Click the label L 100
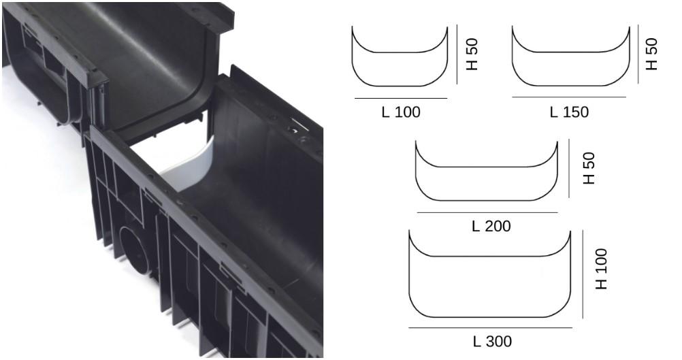tap(400, 112)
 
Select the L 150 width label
tap(569, 112)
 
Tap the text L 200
tap(491, 226)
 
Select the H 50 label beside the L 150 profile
tap(651, 54)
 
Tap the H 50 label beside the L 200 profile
tap(589, 168)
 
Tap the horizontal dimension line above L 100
tap(400, 99)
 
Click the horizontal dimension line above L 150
tap(568, 97)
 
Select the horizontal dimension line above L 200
tap(487, 212)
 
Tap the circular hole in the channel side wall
tap(133, 245)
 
